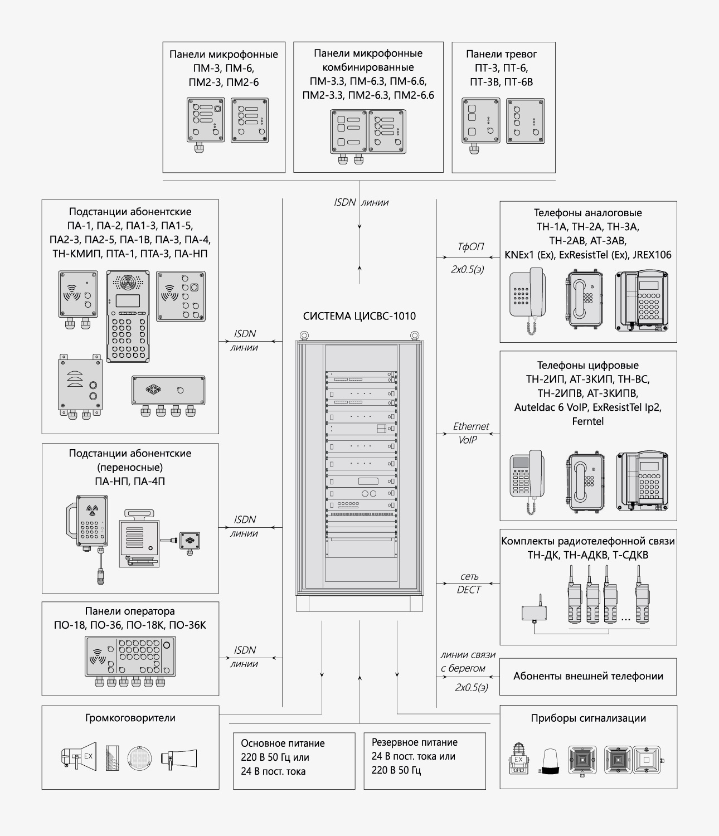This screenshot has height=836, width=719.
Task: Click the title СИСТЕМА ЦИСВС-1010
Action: click(x=359, y=317)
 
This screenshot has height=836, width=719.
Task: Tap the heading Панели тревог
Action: click(x=501, y=54)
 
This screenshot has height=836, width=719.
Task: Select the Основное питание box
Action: click(x=294, y=760)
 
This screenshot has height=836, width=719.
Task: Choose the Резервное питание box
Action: click(x=424, y=760)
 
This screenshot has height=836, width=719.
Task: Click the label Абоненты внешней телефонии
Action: click(x=588, y=676)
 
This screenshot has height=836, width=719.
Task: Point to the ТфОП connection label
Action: click(x=470, y=246)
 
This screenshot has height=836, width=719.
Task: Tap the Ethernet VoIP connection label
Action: click(x=470, y=432)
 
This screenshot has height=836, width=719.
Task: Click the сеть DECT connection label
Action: click(x=469, y=583)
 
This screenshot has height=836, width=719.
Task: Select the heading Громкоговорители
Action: click(x=130, y=718)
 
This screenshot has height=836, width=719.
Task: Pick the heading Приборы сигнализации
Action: click(x=588, y=718)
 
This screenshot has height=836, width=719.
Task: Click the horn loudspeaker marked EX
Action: click(x=79, y=756)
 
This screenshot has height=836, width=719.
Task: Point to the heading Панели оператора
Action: click(x=130, y=611)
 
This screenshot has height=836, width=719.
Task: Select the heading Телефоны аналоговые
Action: click(x=588, y=213)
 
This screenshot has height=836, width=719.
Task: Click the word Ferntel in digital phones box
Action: click(x=587, y=421)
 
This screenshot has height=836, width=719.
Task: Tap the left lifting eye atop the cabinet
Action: click(x=304, y=336)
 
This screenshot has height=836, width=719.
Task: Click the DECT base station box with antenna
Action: click(x=534, y=612)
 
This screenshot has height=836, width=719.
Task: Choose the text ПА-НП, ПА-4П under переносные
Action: click(x=130, y=481)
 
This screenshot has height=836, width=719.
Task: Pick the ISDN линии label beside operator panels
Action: click(x=245, y=657)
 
